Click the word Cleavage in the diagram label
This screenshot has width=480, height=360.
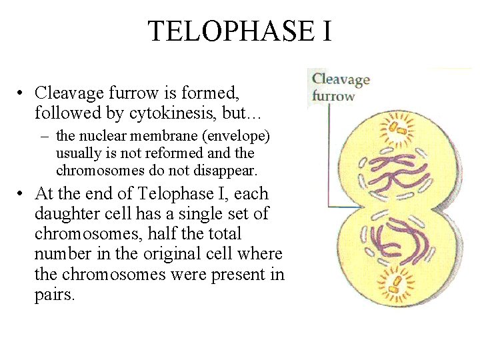tap(341, 80)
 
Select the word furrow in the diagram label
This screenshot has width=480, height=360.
tap(333, 95)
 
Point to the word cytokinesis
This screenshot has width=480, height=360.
tap(145, 113)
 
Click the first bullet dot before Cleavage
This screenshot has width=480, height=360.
tap(22, 93)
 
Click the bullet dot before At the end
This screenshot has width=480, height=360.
tap(22, 195)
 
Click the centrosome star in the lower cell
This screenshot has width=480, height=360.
tap(397, 284)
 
